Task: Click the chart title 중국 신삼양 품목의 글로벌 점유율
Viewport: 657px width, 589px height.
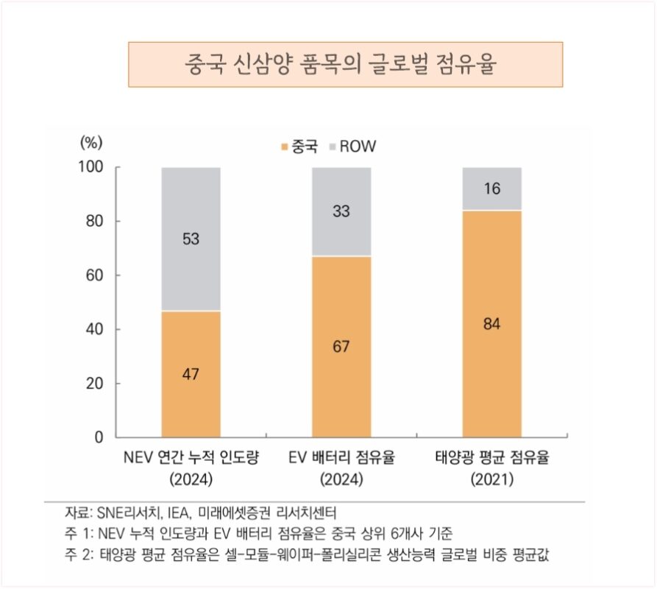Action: pyautogui.click(x=345, y=64)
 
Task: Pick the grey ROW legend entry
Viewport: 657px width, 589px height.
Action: pyautogui.click(x=352, y=147)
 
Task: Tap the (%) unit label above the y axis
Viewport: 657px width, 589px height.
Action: pyautogui.click(x=90, y=142)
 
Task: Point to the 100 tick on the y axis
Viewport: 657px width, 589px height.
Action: pyautogui.click(x=90, y=167)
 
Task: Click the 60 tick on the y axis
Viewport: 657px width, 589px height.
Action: pyautogui.click(x=93, y=275)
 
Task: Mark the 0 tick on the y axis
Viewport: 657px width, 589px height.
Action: pyautogui.click(x=98, y=437)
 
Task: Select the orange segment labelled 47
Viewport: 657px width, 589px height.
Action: pyautogui.click(x=191, y=374)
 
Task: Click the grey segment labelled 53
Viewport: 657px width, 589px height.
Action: pyautogui.click(x=191, y=239)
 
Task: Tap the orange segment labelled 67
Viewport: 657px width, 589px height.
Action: pyautogui.click(x=341, y=346)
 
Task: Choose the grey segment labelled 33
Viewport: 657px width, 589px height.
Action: pyautogui.click(x=341, y=211)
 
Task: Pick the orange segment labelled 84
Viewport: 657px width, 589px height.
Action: pyautogui.click(x=491, y=323)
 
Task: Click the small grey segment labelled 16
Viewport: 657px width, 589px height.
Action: pyautogui.click(x=491, y=188)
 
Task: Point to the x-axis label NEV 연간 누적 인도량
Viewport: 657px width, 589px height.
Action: pyautogui.click(x=191, y=459)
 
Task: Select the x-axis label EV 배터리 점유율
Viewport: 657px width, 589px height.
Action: pyautogui.click(x=341, y=459)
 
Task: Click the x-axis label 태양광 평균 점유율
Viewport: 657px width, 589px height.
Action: pyautogui.click(x=492, y=459)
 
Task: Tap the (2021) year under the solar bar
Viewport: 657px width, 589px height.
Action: pyautogui.click(x=492, y=479)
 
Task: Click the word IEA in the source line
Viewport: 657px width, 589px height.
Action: pyautogui.click(x=179, y=512)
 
